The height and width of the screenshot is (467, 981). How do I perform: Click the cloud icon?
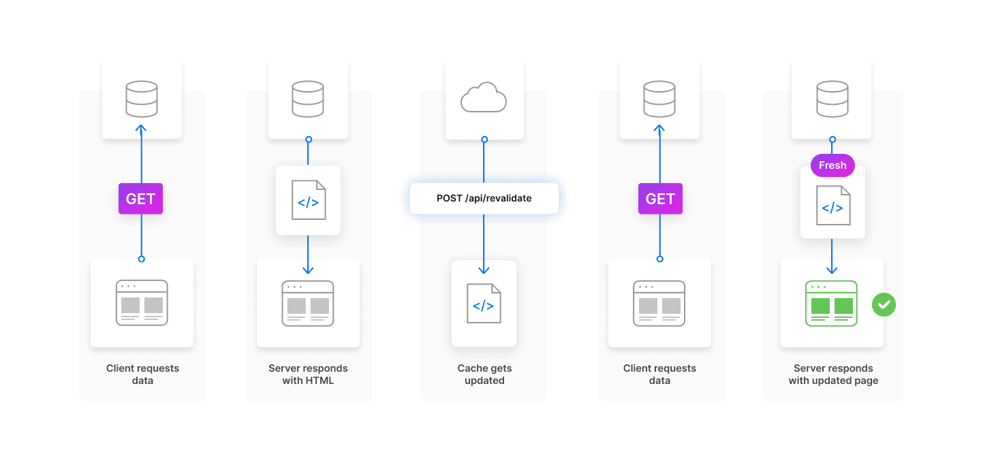[x=484, y=99]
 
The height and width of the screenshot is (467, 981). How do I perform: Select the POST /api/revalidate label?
[x=484, y=198]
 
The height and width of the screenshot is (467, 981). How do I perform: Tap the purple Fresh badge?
[x=832, y=165]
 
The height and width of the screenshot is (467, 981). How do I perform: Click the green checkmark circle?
[x=884, y=304]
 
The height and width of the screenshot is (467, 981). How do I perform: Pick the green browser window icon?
[x=832, y=303]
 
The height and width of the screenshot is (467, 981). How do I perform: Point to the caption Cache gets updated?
[x=484, y=374]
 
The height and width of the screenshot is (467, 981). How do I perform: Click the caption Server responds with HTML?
[x=308, y=374]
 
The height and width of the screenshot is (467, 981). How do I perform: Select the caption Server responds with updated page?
[x=833, y=374]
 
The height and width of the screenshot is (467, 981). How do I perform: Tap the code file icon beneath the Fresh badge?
[x=833, y=205]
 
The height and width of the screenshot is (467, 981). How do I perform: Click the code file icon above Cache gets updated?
[x=484, y=304]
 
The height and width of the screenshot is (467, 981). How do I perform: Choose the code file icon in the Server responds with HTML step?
[x=308, y=199]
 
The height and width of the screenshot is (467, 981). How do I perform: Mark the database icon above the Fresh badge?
[x=832, y=99]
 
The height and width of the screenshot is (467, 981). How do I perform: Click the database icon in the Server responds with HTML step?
[x=308, y=99]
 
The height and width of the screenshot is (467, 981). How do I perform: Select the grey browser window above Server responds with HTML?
[x=308, y=303]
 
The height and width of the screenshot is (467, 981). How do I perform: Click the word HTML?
[x=320, y=381]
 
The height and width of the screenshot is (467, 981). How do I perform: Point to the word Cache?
[x=471, y=368]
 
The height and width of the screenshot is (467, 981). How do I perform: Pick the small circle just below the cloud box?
[x=484, y=140]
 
